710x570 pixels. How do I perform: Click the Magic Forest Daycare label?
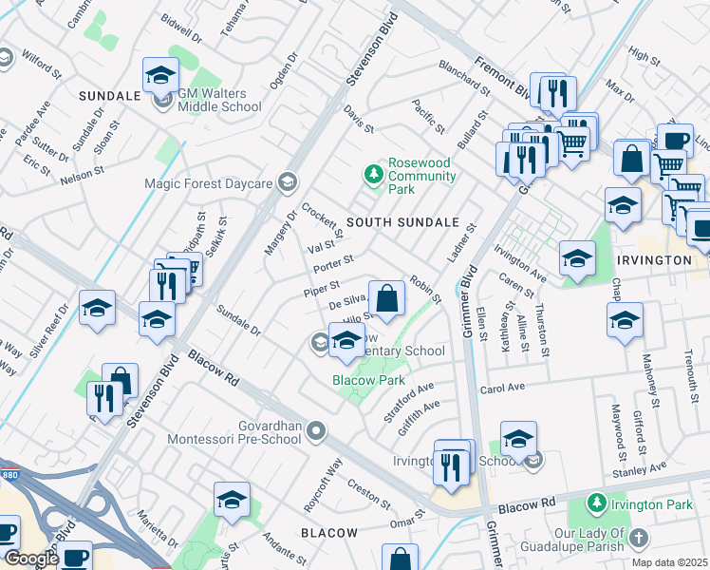[x=208, y=182]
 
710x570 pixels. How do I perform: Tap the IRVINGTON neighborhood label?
[x=654, y=259]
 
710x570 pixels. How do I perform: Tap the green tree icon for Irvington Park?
[x=597, y=503]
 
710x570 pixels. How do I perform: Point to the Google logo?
[x=31, y=559]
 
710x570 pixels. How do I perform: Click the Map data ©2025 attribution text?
[x=669, y=562]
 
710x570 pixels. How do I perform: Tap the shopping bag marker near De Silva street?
[x=387, y=298]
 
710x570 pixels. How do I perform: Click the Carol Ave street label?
[x=502, y=389]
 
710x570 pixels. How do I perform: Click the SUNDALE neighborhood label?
[x=110, y=96]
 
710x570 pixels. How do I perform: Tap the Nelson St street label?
[x=82, y=176]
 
